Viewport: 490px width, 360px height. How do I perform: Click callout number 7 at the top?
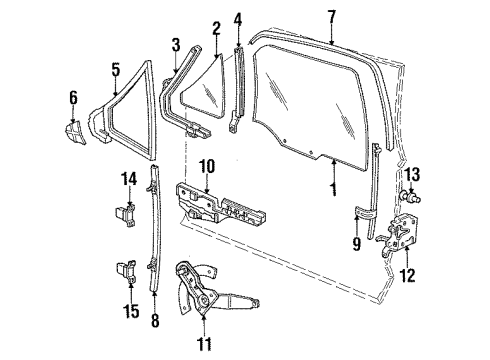[331, 17]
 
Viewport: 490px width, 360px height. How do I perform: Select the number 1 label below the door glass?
[333, 189]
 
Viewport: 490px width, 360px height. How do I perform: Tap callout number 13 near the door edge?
[412, 174]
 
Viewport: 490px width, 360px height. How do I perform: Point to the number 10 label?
[207, 167]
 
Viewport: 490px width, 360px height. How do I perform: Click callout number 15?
[131, 311]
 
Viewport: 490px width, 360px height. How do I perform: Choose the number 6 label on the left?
[73, 97]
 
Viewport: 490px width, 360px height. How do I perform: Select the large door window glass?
[308, 107]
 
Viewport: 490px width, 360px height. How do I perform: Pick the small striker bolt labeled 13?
[410, 196]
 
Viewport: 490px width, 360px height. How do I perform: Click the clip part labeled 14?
[126, 215]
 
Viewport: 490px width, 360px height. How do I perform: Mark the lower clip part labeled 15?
[126, 271]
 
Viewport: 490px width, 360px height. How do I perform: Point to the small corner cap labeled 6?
[75, 133]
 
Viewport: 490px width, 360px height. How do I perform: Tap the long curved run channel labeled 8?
[155, 227]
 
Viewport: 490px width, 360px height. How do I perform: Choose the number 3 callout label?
[176, 45]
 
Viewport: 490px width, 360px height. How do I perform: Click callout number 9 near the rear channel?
[357, 244]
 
